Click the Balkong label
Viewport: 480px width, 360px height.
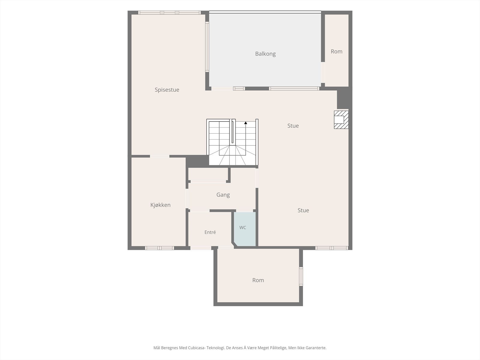point(265,54)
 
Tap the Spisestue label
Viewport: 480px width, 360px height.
point(167,90)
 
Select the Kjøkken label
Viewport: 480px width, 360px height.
point(160,205)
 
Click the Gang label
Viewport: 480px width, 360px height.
point(223,195)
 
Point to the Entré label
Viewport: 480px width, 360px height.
point(210,232)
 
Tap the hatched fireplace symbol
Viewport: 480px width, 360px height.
point(341,120)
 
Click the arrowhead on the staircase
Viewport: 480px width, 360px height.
point(246,123)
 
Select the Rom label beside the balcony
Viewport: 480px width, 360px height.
point(336,52)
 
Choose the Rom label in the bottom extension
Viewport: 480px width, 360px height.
point(258,280)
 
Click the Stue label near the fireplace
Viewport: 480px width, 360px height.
point(293,126)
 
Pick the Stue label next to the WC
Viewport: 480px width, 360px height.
point(303,210)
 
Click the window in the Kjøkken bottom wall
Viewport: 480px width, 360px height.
point(159,248)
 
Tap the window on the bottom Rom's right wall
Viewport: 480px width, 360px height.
point(301,276)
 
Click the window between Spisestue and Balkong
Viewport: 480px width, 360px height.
point(207,46)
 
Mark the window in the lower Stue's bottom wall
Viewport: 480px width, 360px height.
point(332,248)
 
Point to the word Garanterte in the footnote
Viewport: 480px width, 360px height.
point(316,348)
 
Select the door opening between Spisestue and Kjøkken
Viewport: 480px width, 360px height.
point(160,156)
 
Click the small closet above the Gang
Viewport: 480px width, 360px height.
point(208,174)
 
